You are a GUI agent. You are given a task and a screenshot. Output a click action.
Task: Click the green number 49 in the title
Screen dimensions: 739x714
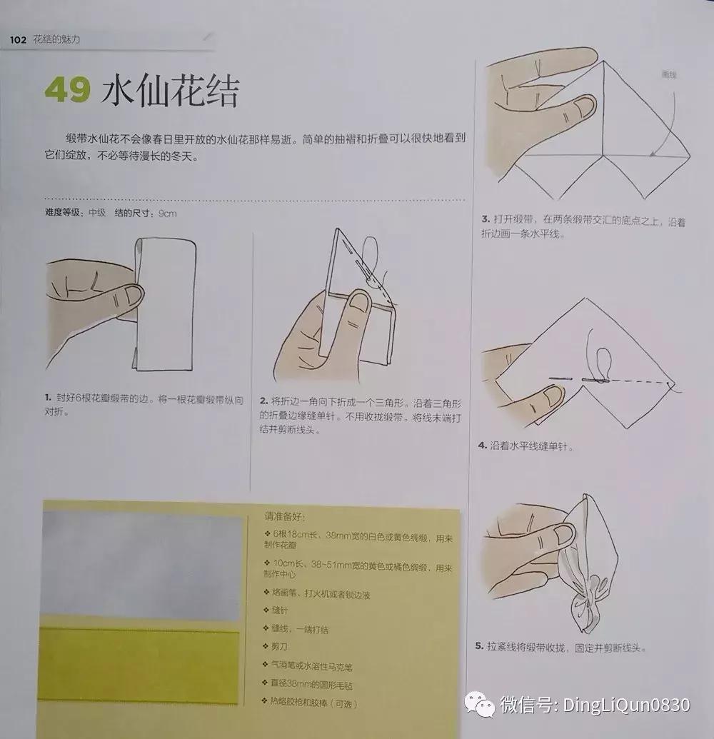[69, 91]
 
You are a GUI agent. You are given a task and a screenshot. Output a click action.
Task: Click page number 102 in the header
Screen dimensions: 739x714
[18, 40]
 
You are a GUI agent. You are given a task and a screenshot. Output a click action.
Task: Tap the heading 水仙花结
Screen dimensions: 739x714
[170, 91]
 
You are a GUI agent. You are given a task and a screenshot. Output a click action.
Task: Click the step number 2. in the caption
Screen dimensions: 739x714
[263, 401]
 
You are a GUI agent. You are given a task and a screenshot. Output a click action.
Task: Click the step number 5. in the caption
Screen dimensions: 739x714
[480, 648]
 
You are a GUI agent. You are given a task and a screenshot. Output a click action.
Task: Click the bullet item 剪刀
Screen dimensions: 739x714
[278, 647]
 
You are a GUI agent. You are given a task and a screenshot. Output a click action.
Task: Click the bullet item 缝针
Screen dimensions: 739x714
[278, 612]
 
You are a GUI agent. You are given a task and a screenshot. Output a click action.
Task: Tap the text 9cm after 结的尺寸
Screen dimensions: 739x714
[167, 213]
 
